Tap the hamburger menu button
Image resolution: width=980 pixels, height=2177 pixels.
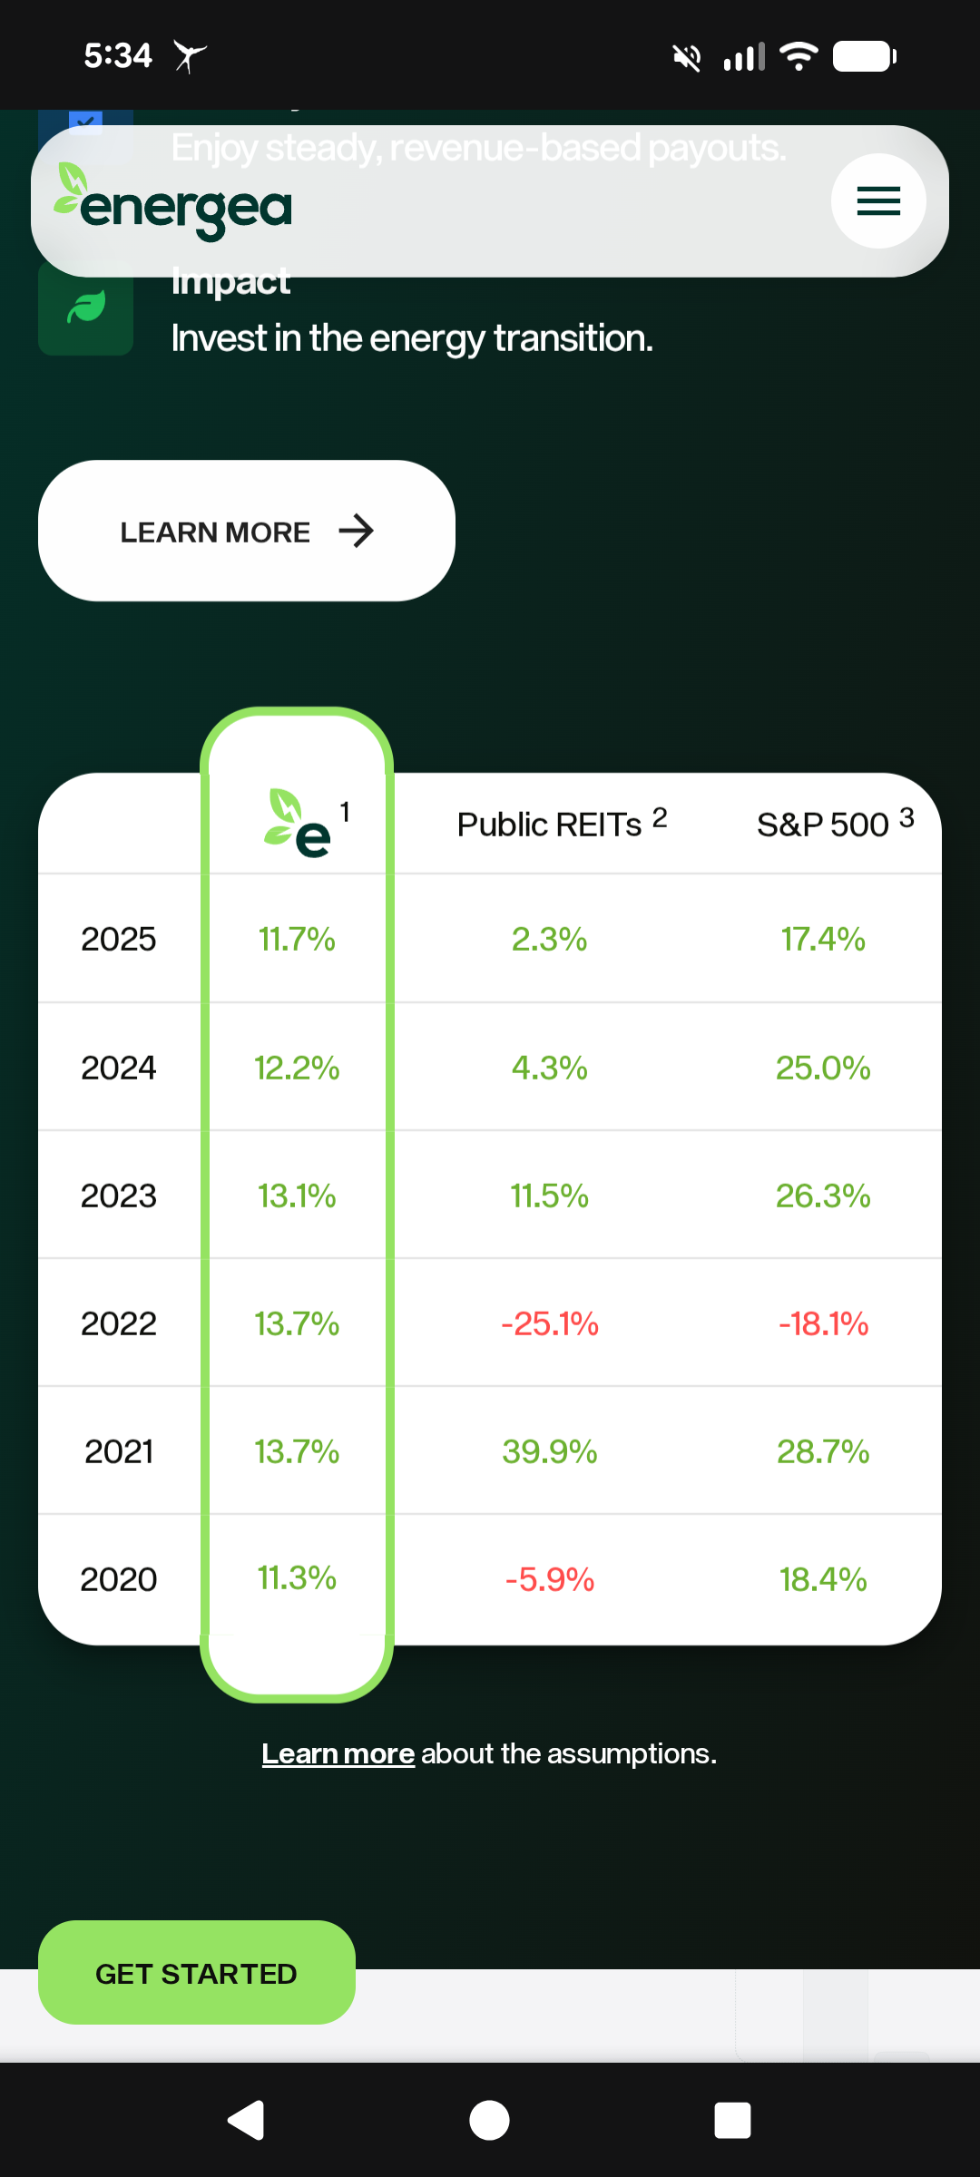pos(878,200)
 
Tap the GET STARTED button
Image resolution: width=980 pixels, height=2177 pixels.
pos(196,1973)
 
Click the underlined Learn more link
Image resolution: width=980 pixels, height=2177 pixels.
pos(338,1753)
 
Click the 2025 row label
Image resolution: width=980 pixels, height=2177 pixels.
pos(118,939)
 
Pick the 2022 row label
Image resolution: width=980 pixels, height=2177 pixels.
pos(118,1323)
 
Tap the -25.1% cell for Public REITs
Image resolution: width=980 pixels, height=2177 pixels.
pos(550,1323)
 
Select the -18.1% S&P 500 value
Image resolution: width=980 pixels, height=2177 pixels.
pos(823,1323)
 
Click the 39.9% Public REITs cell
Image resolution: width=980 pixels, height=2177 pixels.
pos(550,1451)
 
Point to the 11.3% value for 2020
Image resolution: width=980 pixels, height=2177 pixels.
pos(297,1577)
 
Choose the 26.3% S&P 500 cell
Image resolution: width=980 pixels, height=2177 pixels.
pos(823,1196)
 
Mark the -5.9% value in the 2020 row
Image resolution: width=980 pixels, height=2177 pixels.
pos(550,1579)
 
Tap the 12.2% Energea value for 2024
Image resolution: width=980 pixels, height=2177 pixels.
pos(297,1068)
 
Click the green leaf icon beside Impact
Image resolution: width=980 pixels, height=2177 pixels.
pos(86,308)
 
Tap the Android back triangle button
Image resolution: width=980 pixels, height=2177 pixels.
pos(246,2120)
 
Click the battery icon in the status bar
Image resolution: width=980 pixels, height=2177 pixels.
pos(864,57)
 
